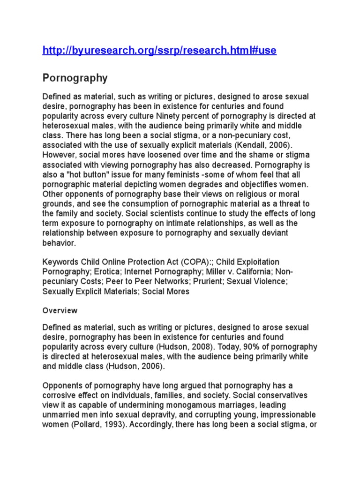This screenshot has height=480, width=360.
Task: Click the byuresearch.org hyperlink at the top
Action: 159,51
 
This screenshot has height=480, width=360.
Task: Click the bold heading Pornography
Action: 75,78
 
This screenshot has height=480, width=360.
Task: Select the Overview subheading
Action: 60,310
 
